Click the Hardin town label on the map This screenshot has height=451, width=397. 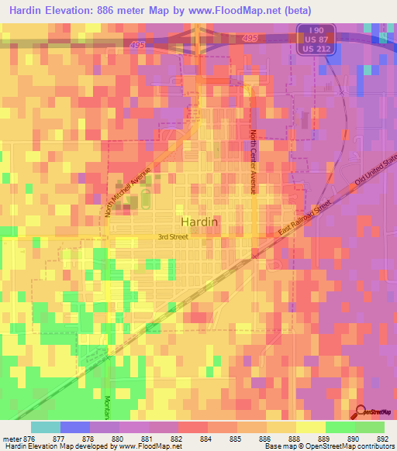pyautogui.click(x=199, y=221)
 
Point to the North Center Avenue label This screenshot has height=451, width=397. pyautogui.click(x=252, y=161)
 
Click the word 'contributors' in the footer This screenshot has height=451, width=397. pyautogui.click(x=373, y=446)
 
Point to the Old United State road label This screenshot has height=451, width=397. pyautogui.click(x=376, y=177)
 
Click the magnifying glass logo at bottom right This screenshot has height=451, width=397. pyautogui.click(x=361, y=411)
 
